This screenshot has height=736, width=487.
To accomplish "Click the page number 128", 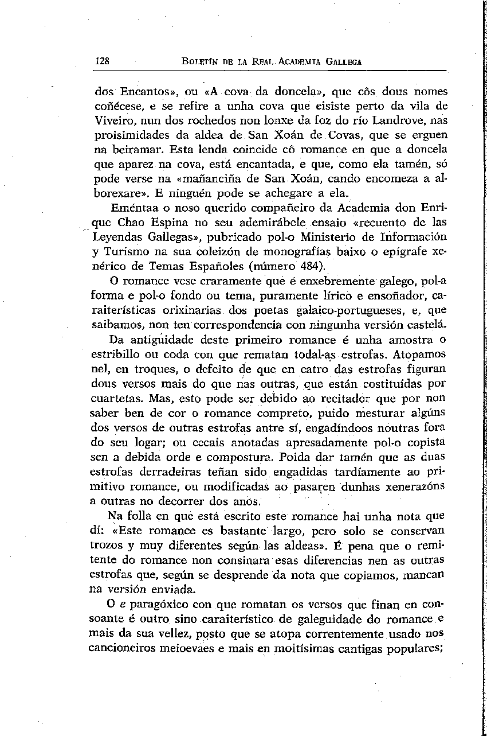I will pyautogui.click(x=103, y=61).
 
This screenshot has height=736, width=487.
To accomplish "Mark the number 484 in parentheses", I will pyautogui.click(x=310, y=267).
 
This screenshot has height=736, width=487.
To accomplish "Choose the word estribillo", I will pyautogui.click(x=119, y=355).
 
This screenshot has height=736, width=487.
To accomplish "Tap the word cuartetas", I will pyautogui.click(x=117, y=399).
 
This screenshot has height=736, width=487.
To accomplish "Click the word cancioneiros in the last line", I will pyautogui.click(x=124, y=648).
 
